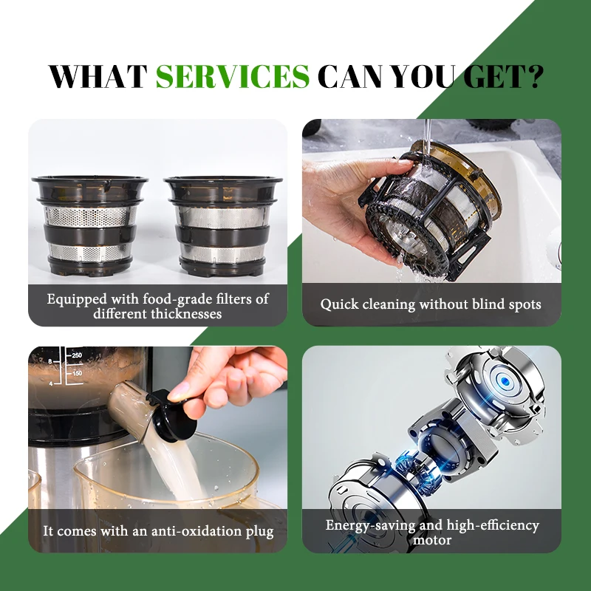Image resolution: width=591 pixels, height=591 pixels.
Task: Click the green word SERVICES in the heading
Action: coord(233,76)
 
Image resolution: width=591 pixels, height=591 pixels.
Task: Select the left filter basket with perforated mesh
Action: coord(89,225)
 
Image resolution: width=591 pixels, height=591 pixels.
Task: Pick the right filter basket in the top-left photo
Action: coord(224,225)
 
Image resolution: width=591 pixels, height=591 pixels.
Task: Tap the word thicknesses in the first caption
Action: coord(185,313)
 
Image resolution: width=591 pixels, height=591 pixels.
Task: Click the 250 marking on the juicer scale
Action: coord(75,355)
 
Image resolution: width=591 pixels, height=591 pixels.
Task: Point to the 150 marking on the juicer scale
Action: coord(75,375)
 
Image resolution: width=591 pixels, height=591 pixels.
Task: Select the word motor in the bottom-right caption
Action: coord(431,540)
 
